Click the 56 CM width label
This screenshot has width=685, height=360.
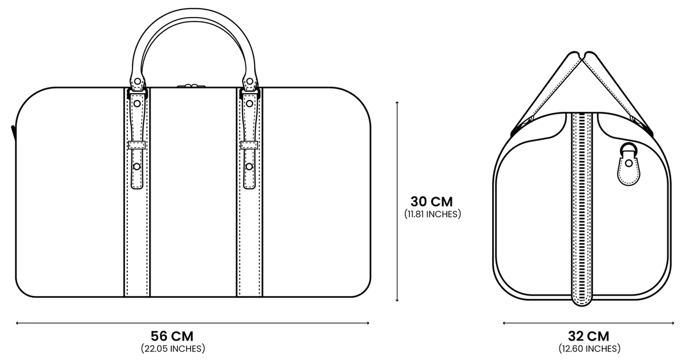[172, 336]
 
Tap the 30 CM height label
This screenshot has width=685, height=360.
[432, 202]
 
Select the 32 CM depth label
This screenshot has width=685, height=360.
[589, 336]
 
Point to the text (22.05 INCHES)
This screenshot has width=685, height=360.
[173, 349]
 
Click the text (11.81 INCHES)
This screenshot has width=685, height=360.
[433, 214]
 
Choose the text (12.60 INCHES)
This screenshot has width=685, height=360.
[589, 349]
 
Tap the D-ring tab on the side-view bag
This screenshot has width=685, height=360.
[628, 164]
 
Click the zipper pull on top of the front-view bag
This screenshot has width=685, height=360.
[191, 86]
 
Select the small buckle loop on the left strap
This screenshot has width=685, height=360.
[136, 145]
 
